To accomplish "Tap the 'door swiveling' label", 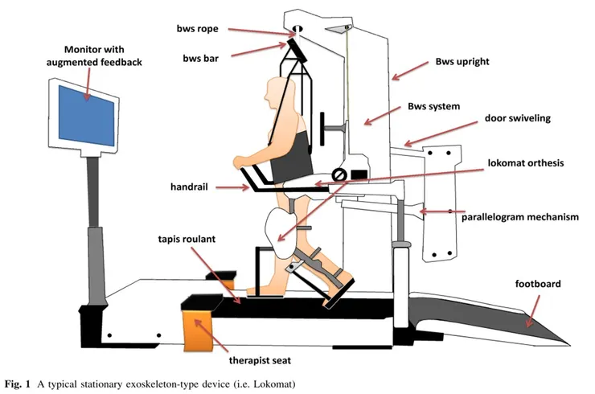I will point(517,118).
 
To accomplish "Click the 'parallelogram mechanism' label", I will point(519,216).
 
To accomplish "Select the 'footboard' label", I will point(538,284).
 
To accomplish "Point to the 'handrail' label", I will point(190,187).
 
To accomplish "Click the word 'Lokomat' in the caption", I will point(273,381).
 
